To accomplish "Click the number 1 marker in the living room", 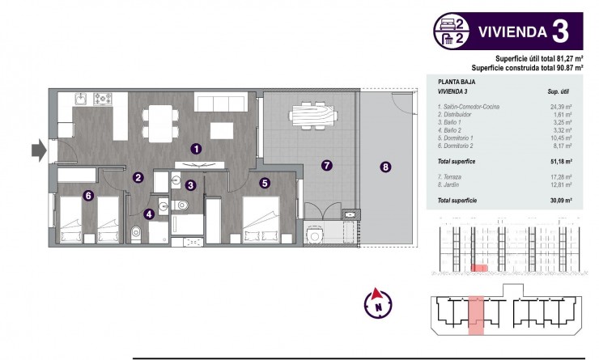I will (196, 148).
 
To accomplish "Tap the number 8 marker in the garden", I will (385, 167).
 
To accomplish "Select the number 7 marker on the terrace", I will (327, 166).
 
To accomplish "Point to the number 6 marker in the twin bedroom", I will (88, 194).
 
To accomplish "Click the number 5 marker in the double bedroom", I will (265, 183).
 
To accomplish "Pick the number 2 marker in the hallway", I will (138, 177).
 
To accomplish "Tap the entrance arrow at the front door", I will (37, 150).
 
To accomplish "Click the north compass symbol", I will (376, 304).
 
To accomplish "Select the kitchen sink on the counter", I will (81, 100).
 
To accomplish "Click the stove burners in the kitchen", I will (103, 100).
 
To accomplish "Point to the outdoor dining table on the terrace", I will (312, 115).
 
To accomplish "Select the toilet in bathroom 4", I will (135, 233).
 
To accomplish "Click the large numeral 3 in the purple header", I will (560, 32).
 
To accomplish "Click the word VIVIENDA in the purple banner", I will (508, 33).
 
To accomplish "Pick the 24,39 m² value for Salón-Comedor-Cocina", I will (561, 107).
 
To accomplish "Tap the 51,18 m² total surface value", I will (561, 162).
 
